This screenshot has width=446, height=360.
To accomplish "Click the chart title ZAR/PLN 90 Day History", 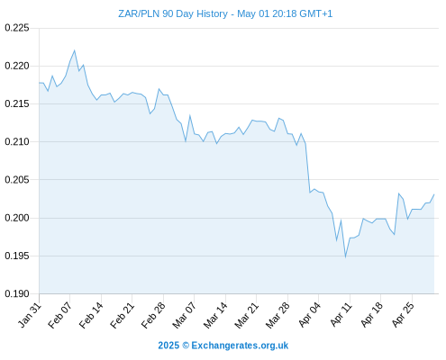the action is click(x=173, y=14).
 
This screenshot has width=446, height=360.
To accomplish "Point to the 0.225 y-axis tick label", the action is click(x=17, y=28).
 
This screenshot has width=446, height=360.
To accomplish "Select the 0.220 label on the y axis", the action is click(x=17, y=66).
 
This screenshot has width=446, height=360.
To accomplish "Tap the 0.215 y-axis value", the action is click(x=17, y=103).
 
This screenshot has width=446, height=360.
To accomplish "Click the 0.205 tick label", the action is click(x=17, y=180).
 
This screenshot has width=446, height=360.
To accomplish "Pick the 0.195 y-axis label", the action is click(x=17, y=256).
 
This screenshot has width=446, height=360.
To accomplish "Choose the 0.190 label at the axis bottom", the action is click(x=17, y=293).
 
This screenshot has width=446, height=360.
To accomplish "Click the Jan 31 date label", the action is click(x=30, y=315).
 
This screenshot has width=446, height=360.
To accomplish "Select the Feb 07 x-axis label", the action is click(x=60, y=315).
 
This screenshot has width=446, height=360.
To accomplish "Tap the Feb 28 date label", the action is click(x=153, y=315).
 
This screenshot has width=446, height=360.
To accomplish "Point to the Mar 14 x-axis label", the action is click(x=215, y=315).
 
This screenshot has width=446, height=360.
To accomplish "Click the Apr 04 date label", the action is click(x=309, y=315).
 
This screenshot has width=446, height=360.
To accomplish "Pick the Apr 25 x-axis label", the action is click(x=403, y=315).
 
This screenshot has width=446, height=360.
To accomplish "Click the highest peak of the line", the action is click(x=75, y=50).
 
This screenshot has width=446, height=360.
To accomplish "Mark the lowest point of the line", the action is click(x=346, y=257).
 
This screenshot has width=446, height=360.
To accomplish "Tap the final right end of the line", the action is click(x=434, y=194).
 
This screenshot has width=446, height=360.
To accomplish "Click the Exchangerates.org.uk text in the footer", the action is click(x=240, y=346).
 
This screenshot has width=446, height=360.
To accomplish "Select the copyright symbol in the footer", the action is click(x=186, y=346).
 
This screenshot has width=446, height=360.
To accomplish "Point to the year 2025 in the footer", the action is click(x=168, y=346).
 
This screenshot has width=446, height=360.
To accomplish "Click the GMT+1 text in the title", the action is click(x=316, y=14).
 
